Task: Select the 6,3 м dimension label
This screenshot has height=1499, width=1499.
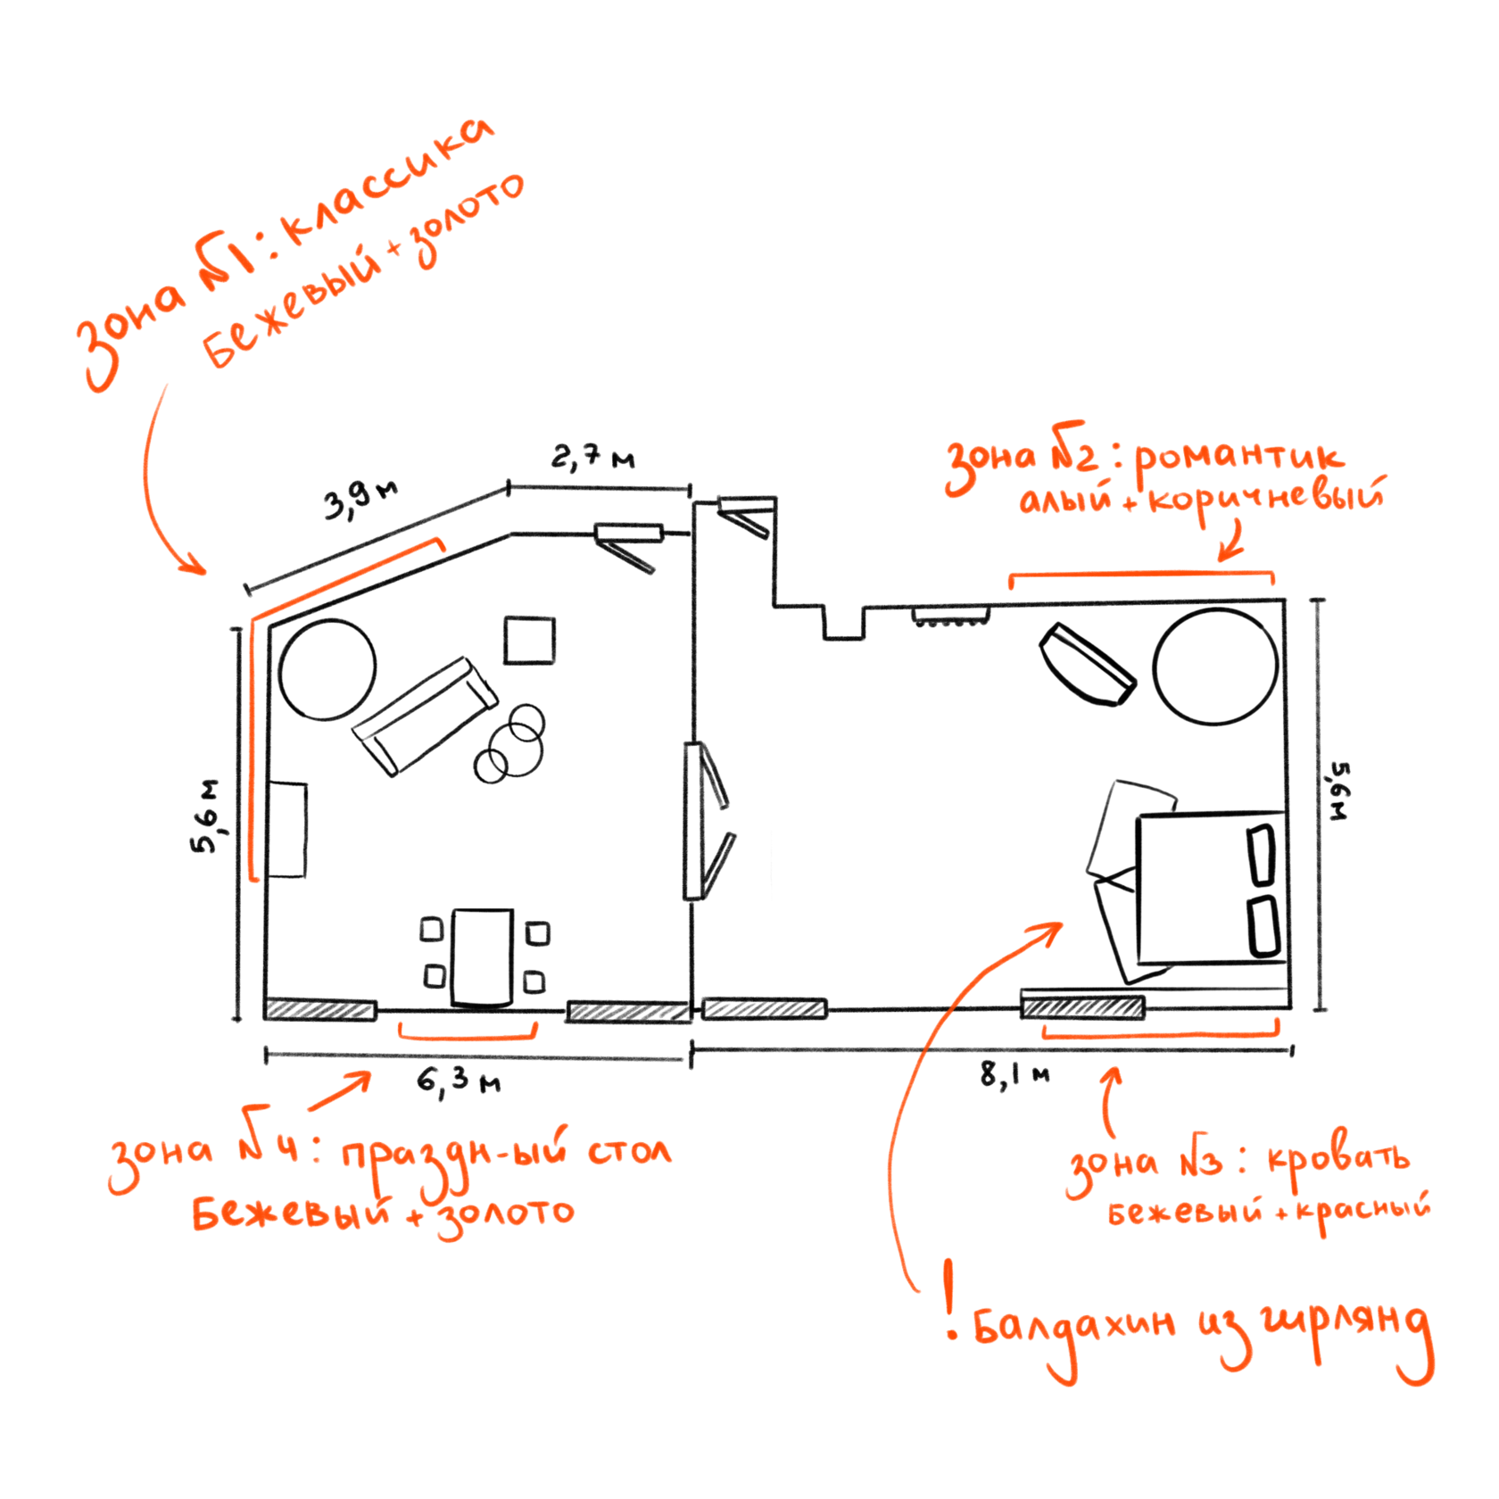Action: [459, 1081]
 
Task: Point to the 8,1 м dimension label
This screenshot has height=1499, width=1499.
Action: [1015, 1074]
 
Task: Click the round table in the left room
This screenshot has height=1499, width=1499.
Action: [327, 669]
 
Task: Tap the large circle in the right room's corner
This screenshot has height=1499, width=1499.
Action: [1215, 667]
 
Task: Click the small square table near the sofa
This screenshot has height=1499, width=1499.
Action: [529, 641]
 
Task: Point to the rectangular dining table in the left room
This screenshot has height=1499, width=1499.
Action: [483, 957]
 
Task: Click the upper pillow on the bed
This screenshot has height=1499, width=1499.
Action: [1262, 855]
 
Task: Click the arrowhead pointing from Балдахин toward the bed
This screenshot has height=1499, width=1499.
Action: [1053, 931]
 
